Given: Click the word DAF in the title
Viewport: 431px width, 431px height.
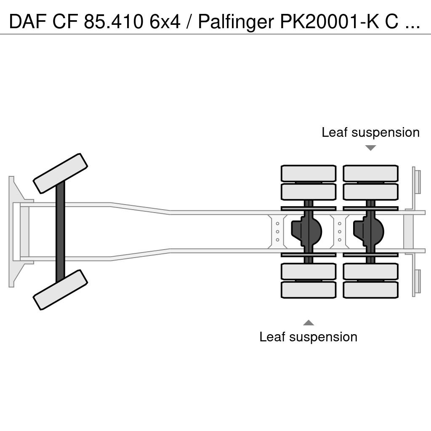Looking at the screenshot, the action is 28,22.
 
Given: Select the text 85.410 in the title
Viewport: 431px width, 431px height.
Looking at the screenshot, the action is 113,22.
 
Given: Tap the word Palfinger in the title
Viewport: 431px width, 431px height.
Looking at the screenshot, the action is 236,22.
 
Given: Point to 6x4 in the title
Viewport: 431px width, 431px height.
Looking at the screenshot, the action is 165,22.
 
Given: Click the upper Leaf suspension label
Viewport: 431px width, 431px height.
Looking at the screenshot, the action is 370,133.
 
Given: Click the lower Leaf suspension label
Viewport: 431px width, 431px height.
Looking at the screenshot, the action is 308,337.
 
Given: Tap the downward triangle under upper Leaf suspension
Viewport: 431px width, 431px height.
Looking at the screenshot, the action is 370,148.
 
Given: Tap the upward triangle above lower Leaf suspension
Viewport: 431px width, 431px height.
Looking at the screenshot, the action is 309,323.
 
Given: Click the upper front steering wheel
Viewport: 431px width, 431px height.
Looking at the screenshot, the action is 60,173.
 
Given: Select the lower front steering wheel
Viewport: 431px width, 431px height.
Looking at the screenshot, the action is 60,290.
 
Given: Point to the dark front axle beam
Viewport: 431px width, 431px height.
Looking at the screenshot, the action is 60,232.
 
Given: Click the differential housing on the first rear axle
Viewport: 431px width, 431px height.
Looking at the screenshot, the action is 306,231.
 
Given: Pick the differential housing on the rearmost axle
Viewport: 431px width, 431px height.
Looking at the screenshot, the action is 368,231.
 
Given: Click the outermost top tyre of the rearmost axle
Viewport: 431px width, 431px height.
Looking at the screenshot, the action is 370,173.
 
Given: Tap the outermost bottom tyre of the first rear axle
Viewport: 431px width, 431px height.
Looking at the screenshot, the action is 309,290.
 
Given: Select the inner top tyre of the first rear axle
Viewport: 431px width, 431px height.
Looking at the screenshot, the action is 309,192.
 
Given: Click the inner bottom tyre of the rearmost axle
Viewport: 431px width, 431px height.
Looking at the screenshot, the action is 370,271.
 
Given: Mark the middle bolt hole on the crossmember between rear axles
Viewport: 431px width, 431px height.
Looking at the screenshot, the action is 340,232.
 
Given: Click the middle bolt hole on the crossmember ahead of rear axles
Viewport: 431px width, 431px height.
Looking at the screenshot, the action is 278,232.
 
